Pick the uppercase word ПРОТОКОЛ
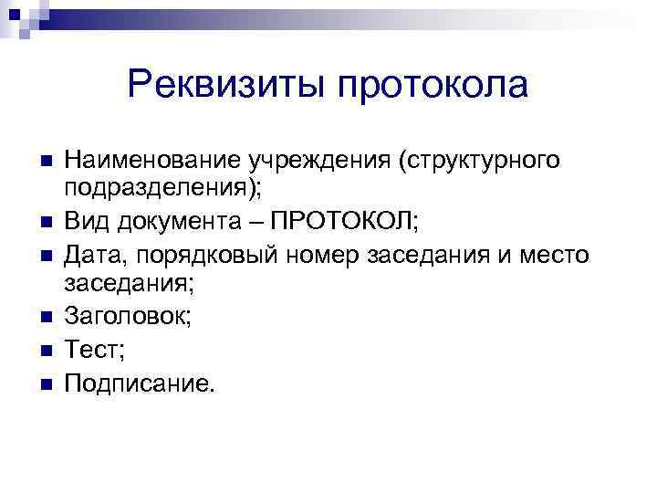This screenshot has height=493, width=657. pyautogui.click(x=345, y=220)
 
